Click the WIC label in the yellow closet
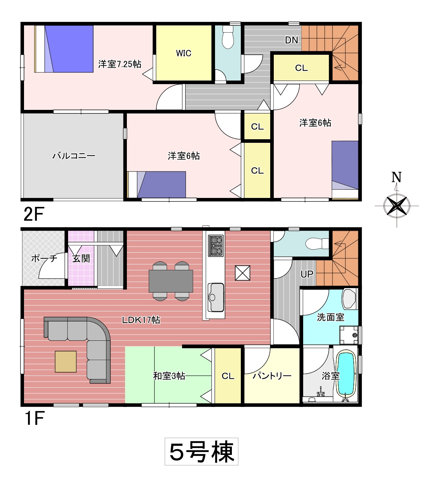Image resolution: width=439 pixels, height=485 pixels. pos(183,53)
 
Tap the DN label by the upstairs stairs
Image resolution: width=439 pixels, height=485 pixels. pos(292,40)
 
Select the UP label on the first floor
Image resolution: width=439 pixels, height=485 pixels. pos(307,274)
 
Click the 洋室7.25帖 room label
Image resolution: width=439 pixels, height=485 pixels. pos(120,64)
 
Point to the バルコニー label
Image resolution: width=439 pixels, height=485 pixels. pos(74,156)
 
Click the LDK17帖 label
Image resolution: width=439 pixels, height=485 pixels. pos(141,320)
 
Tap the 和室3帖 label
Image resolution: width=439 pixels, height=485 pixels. pos(169,376)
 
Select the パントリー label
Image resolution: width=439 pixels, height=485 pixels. pos(272,376)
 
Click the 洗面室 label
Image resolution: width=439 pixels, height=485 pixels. pos(330,317)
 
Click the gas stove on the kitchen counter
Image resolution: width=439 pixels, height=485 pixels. pos(216,246)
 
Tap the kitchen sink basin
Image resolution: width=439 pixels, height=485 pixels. pos(216,298)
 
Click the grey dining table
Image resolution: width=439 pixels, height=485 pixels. pos(171,281)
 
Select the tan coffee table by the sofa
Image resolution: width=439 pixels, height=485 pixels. pos(66,362)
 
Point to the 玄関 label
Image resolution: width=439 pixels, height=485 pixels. pos(81,258)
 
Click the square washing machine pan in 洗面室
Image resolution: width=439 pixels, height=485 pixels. pos(349,335)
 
